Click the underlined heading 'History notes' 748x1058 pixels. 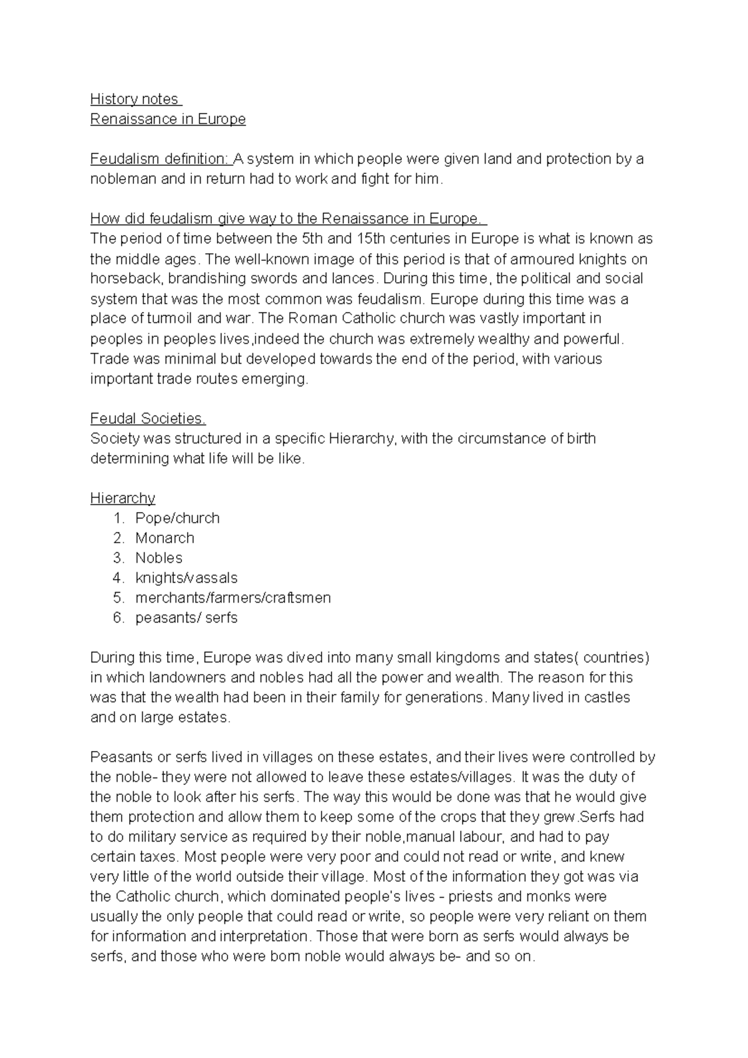tap(135, 99)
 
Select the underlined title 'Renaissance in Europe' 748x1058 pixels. tap(168, 119)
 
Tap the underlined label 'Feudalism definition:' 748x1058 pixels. tap(160, 159)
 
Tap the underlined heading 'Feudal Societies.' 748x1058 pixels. tap(148, 419)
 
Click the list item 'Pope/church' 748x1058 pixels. tap(177, 518)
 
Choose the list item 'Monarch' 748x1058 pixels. tap(165, 538)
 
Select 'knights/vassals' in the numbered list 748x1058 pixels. tap(186, 578)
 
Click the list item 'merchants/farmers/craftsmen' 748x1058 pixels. tap(233, 598)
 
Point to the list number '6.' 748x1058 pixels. tap(119, 618)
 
